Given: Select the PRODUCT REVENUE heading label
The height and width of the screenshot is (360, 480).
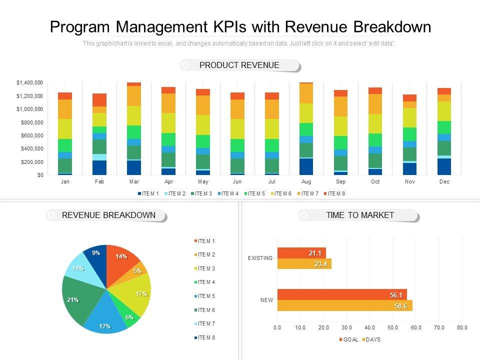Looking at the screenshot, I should (239, 65).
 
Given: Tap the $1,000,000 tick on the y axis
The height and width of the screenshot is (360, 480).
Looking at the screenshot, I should (29, 109).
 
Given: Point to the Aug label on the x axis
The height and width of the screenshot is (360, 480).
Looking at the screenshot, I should (306, 181).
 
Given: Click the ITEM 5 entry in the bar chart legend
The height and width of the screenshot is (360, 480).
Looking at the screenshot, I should (255, 193).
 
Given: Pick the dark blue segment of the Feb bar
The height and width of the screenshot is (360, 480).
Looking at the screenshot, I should (99, 167).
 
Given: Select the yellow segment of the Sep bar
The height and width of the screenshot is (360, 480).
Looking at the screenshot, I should (340, 126).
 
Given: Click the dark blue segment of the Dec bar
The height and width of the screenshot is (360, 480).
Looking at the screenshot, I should (444, 166).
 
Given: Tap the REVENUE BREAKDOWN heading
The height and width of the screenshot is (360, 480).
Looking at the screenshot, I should (108, 215).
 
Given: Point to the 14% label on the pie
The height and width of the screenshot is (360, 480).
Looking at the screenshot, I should (121, 256).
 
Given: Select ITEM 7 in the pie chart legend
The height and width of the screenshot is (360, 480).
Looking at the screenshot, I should (206, 323).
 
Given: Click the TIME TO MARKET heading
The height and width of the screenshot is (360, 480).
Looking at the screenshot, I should (360, 215).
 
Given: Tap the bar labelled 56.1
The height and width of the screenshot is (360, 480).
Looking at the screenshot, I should (342, 294).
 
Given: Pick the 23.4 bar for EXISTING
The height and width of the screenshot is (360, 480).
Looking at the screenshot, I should (304, 264).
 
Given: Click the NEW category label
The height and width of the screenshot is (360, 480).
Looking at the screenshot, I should (266, 300).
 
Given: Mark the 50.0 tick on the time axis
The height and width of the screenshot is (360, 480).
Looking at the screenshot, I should (393, 327).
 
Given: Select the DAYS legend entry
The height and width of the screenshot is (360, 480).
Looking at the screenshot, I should (373, 339).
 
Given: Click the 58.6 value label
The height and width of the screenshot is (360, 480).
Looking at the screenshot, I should (400, 306).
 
